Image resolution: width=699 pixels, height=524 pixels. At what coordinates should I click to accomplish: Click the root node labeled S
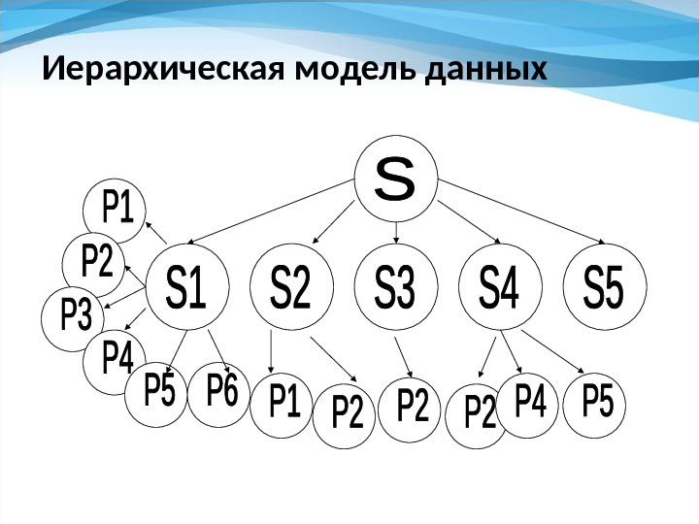395,179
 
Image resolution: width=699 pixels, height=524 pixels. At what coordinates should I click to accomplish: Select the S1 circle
186,289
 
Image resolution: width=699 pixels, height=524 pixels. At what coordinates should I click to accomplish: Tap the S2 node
291,289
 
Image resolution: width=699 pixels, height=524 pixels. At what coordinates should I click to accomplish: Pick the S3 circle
396,289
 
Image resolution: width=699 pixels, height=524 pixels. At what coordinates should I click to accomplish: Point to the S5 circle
604,289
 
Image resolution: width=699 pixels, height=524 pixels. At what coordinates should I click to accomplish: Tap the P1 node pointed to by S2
283,403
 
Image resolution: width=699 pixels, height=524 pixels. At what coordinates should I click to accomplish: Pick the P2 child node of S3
412,408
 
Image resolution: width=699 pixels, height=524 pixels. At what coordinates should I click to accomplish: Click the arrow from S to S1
277,215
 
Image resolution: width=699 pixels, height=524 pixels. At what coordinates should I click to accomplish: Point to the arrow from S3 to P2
404,357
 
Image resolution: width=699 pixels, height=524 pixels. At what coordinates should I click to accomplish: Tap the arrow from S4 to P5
551,352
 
